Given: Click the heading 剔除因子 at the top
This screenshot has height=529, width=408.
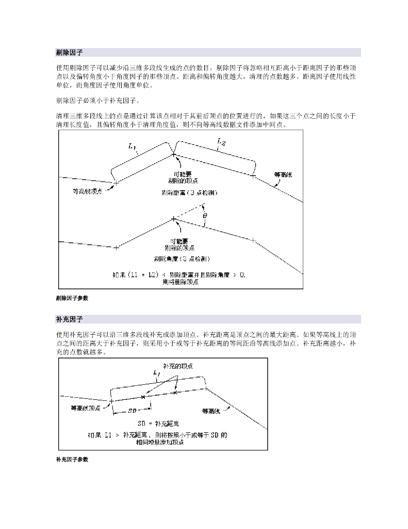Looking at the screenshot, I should [70, 53].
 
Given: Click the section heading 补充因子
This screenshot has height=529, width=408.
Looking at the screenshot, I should [70, 319].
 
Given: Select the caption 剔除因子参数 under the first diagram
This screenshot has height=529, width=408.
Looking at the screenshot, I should [72, 298].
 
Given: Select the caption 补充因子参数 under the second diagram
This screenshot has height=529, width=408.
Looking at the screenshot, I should [72, 459].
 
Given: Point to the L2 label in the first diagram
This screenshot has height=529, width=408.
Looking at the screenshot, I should [220, 142].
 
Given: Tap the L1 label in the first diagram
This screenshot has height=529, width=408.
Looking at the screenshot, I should [132, 147].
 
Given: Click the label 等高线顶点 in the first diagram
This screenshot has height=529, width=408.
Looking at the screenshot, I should [88, 192].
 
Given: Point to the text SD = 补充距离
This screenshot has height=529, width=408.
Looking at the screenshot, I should [165, 423].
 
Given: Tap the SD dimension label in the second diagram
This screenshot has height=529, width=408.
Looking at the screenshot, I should [132, 412].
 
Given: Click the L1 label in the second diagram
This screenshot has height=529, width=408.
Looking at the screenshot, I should [157, 373].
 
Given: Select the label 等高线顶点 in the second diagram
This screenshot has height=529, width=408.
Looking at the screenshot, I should [86, 408].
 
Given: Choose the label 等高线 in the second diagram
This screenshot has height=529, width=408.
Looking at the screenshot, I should [211, 412].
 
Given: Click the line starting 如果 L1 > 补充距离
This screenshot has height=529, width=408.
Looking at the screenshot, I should [157, 435].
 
